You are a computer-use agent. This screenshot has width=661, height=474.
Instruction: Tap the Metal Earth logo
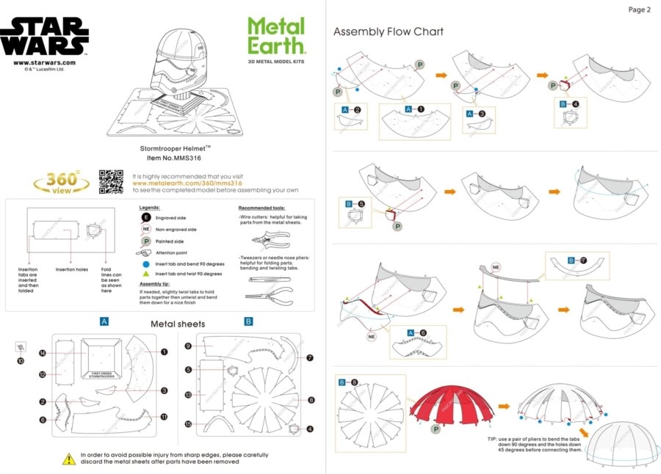point(276,37)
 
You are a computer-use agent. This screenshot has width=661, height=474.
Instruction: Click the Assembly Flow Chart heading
point(388,32)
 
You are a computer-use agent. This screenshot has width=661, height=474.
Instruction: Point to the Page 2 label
point(639,10)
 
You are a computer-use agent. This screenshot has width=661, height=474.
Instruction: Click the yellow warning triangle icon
point(68,458)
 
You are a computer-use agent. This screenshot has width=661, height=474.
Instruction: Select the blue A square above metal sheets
point(104,321)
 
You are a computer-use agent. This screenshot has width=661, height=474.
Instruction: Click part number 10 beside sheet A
point(21,361)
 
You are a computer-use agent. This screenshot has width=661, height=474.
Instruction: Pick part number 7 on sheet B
point(310,358)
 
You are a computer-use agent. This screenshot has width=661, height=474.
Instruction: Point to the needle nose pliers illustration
point(270,294)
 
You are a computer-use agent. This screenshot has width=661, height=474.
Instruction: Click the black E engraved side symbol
point(145,218)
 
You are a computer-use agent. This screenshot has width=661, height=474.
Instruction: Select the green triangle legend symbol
point(145,273)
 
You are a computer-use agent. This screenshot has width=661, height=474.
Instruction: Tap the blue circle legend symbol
point(145,262)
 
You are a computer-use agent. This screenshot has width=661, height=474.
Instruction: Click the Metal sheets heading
point(178,324)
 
